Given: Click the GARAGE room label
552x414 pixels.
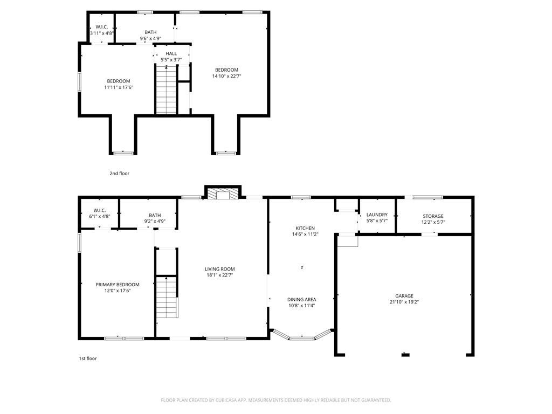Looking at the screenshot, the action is (x=404, y=296).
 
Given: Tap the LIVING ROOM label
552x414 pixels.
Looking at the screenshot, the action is (x=220, y=270).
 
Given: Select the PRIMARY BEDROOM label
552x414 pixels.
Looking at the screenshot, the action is (x=118, y=285).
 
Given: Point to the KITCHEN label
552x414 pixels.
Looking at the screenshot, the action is (x=305, y=228).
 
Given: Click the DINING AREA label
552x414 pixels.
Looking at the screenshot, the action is (x=302, y=300).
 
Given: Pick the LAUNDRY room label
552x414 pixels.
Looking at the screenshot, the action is (x=377, y=215).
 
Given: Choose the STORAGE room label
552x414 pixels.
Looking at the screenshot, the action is (x=433, y=216).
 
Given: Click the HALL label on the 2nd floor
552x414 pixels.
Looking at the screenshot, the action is (x=171, y=53).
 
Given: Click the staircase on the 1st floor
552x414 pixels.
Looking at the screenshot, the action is (x=167, y=297).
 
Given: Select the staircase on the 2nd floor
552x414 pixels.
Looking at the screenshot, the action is (x=166, y=90).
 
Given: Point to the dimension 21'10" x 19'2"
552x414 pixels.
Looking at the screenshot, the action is (x=404, y=302).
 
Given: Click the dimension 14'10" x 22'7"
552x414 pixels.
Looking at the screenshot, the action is (x=227, y=76).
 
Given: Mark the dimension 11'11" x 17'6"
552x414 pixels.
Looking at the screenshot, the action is (x=119, y=87).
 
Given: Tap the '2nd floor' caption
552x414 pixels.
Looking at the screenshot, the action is (x=119, y=173).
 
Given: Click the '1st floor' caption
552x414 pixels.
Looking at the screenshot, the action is (x=88, y=358).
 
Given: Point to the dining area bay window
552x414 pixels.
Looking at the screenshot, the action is (x=302, y=338).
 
